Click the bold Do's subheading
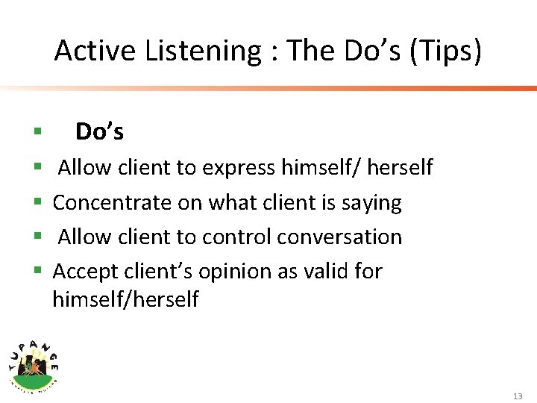point(99,132)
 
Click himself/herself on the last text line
point(125,299)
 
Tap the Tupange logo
point(34,360)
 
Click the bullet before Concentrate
point(37,203)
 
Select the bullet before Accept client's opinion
point(37,272)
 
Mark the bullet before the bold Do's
point(37,133)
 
